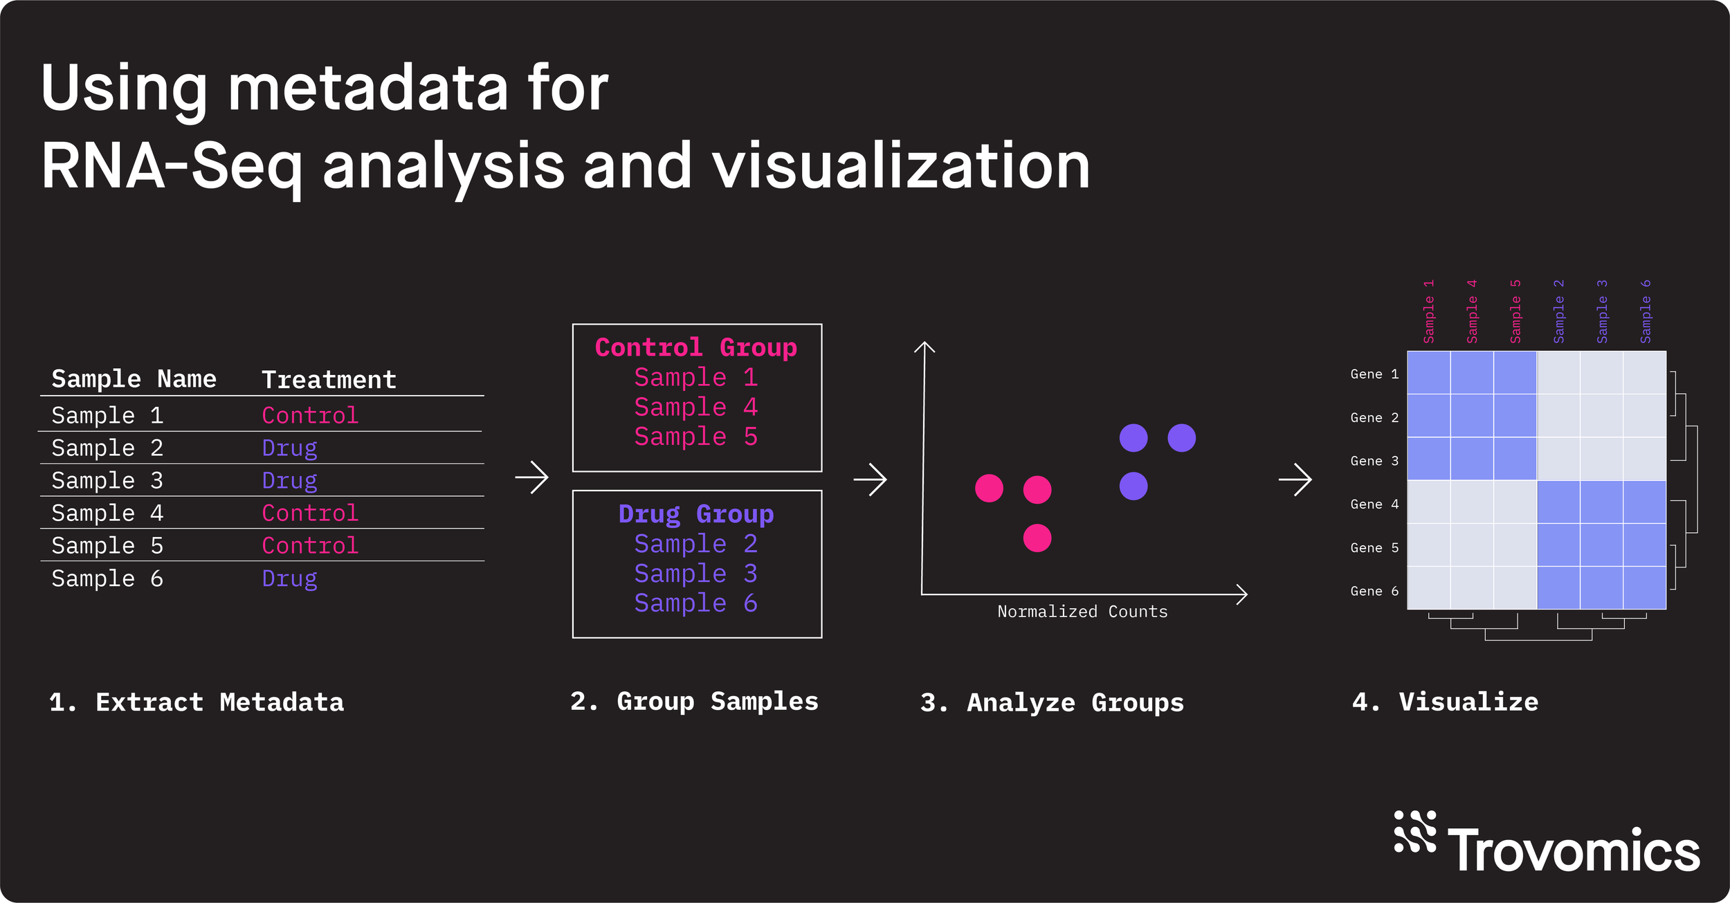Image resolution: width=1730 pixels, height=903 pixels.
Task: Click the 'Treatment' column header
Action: click(x=329, y=379)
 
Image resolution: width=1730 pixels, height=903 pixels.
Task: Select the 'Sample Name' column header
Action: click(x=134, y=378)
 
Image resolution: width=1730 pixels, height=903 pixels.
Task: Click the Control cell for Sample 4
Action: click(x=310, y=513)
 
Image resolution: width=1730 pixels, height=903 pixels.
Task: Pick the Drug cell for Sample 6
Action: click(x=289, y=578)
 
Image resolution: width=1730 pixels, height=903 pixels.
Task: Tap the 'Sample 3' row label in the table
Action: click(x=107, y=480)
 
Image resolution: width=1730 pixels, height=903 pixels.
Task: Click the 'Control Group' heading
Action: click(x=696, y=347)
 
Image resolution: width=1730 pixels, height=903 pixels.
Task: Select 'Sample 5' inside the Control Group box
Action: click(x=696, y=437)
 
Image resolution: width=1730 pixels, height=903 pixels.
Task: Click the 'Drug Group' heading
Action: click(x=696, y=514)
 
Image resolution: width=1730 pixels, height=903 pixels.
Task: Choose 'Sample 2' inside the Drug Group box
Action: click(x=696, y=544)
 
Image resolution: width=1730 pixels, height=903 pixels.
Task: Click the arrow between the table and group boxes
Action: click(x=531, y=477)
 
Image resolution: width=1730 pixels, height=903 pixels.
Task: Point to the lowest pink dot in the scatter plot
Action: click(x=1037, y=538)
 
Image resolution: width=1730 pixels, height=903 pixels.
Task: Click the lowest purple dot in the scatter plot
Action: click(x=1133, y=486)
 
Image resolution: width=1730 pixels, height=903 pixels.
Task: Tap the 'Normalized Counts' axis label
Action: click(x=1082, y=612)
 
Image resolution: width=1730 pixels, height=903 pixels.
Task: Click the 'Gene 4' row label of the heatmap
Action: click(x=1374, y=504)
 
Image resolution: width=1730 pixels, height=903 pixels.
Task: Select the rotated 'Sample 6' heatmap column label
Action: click(x=1646, y=311)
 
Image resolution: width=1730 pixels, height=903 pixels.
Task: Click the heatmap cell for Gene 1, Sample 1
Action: click(x=1428, y=373)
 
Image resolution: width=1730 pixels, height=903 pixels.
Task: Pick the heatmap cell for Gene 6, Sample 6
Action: click(x=1644, y=588)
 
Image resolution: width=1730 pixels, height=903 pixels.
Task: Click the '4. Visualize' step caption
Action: click(x=1445, y=702)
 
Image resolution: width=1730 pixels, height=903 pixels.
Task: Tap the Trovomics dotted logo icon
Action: click(x=1414, y=831)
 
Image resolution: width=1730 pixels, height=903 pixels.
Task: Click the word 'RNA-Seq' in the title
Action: click(x=172, y=166)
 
